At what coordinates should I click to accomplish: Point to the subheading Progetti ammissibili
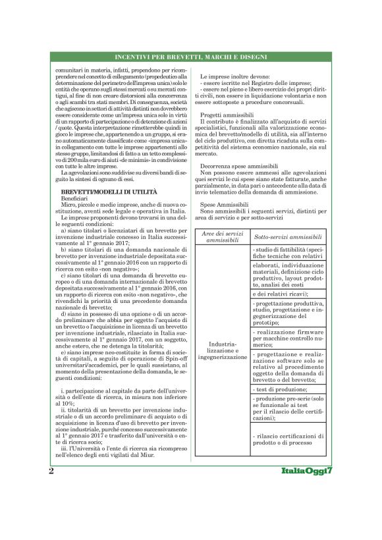[x=223, y=115]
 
